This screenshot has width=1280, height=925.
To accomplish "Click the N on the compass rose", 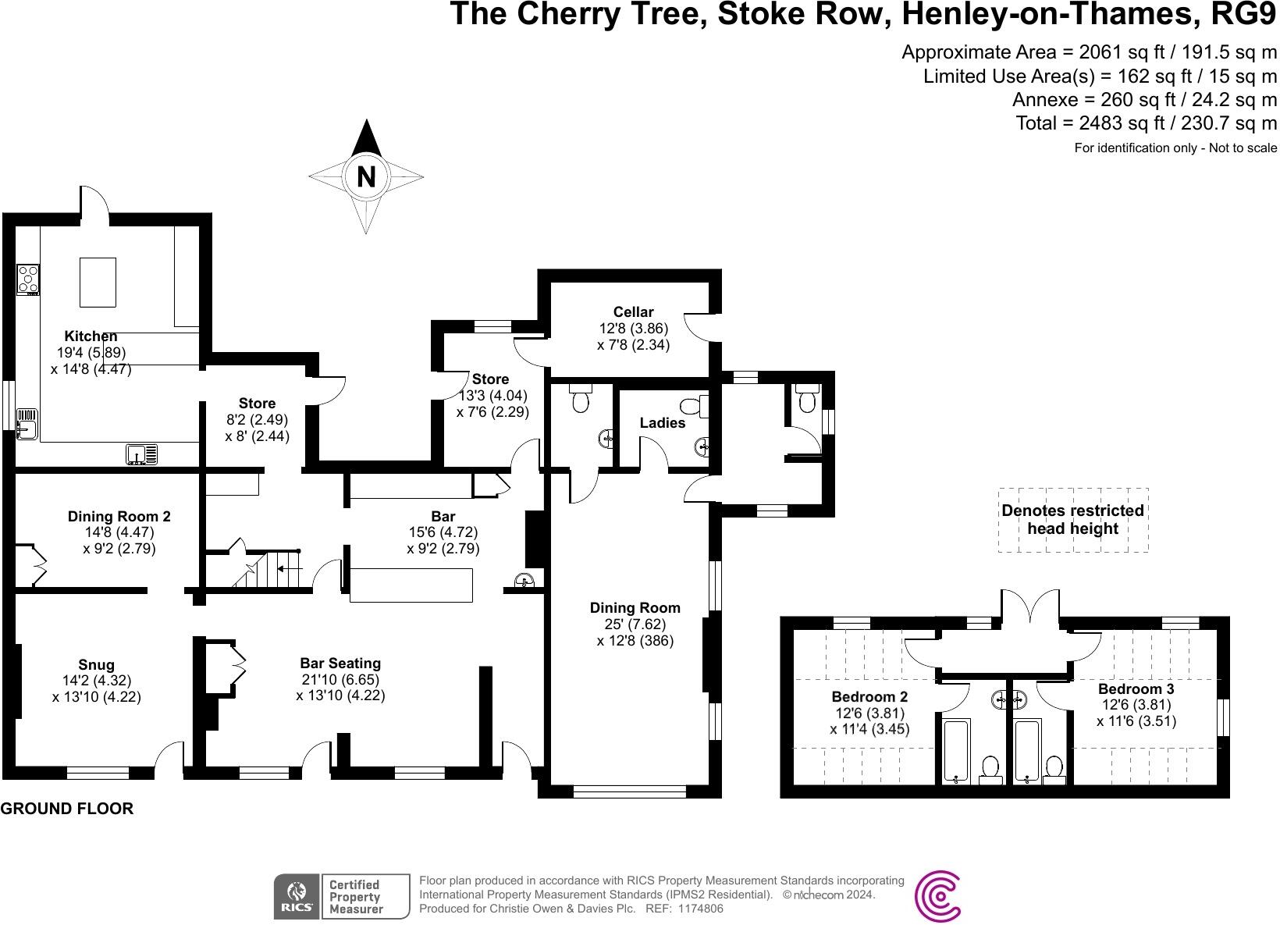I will pyautogui.click(x=365, y=177).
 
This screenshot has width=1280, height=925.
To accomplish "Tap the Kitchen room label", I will pyautogui.click(x=91, y=336).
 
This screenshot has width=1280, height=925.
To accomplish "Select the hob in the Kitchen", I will pyautogui.click(x=29, y=279).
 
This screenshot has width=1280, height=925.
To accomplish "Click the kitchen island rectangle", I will pyautogui.click(x=98, y=282).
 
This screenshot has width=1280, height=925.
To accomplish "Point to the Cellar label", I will pyautogui.click(x=633, y=312).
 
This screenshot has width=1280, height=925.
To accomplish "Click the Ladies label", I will pyautogui.click(x=662, y=423).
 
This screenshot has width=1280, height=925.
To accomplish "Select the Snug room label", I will pyautogui.click(x=96, y=665).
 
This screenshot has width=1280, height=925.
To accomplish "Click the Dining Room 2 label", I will pyautogui.click(x=119, y=517).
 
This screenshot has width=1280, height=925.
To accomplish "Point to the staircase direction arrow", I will pyautogui.click(x=290, y=569).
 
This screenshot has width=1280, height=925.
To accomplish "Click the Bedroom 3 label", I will pyautogui.click(x=1136, y=689).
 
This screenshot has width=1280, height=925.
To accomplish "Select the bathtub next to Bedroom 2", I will pyautogui.click(x=956, y=751).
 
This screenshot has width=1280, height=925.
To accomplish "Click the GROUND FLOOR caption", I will pyautogui.click(x=66, y=809).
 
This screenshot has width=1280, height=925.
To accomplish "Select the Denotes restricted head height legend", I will pyautogui.click(x=1072, y=520).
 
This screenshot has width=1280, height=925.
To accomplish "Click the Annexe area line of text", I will pyautogui.click(x=1144, y=100).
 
